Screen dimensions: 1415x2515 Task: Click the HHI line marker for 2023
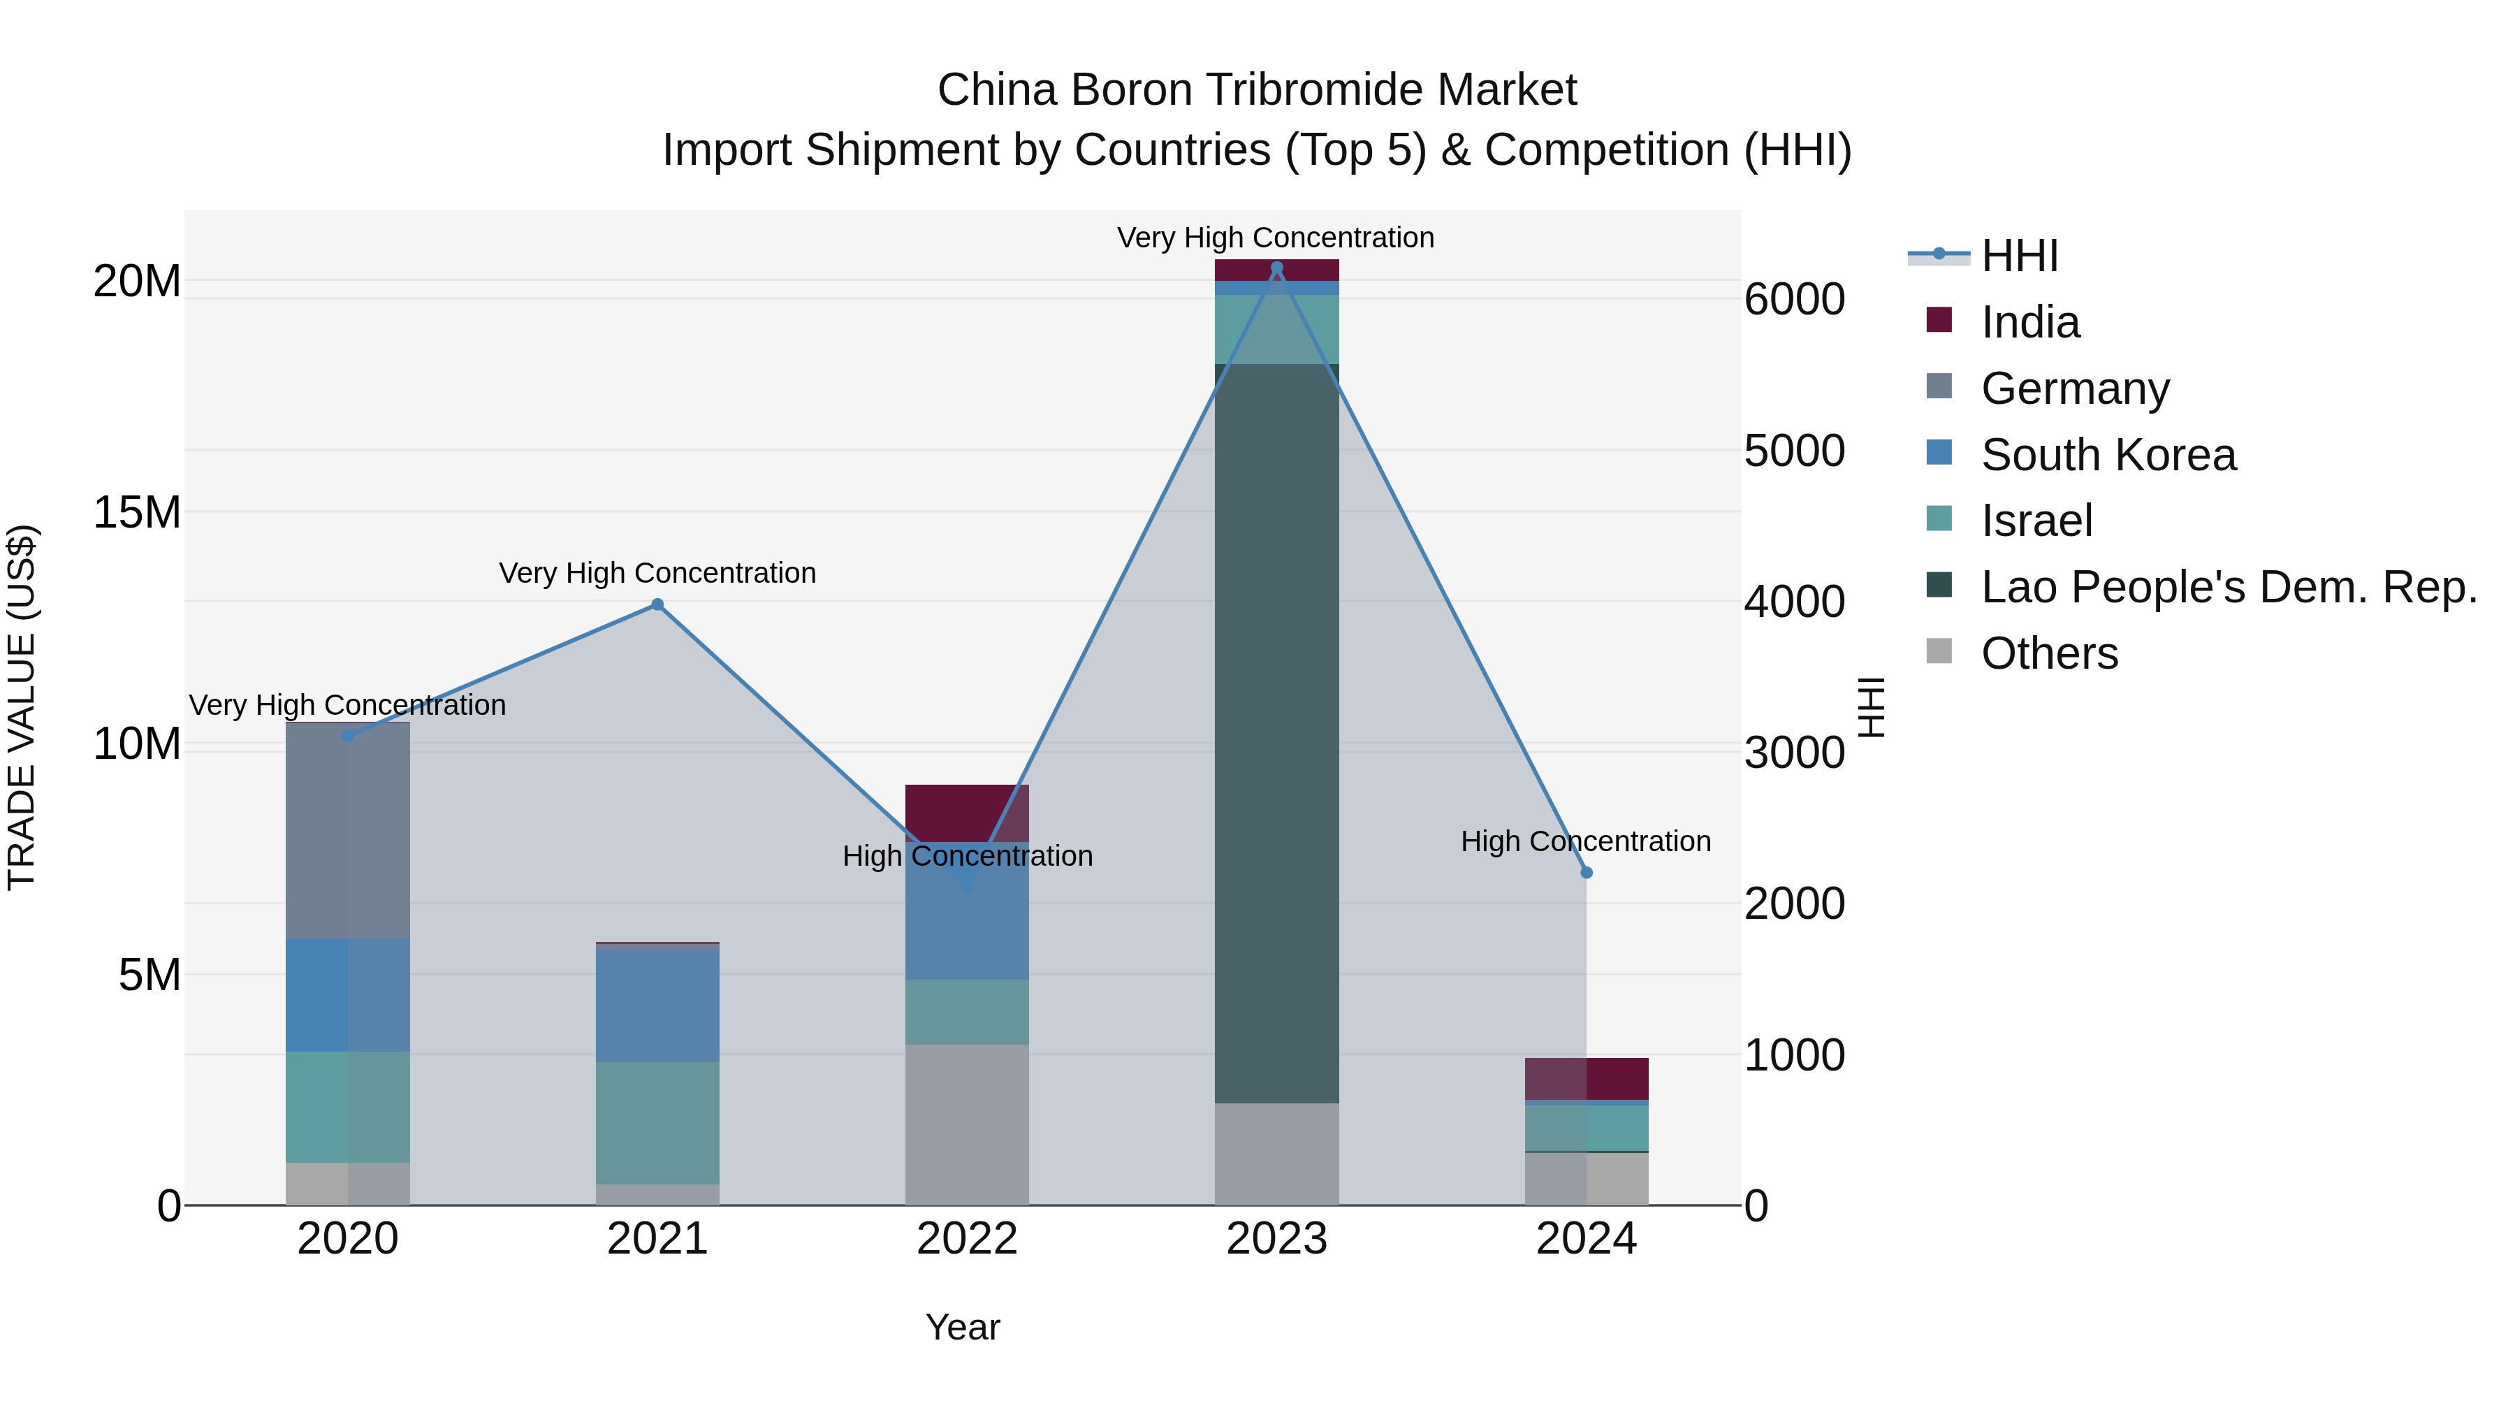[1276, 268]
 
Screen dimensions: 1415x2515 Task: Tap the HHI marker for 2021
[657, 604]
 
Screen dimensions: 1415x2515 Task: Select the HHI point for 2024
[1587, 872]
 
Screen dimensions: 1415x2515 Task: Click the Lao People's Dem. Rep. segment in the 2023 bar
[1276, 732]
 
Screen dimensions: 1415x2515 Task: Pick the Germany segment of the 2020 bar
[348, 830]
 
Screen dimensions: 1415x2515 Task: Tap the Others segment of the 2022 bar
[967, 1123]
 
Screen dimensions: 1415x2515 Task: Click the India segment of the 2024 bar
[1587, 1078]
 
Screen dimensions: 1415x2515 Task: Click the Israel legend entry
[2036, 521]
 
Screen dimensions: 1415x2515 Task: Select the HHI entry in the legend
[2019, 256]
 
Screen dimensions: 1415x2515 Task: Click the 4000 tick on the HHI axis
[1795, 602]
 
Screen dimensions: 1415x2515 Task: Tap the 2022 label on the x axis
[967, 1239]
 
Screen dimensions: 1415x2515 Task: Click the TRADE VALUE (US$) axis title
[22, 707]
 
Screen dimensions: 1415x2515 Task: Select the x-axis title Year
[963, 1327]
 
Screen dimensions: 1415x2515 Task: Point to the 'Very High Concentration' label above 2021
[657, 573]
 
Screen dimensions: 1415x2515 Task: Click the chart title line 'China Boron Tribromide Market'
[1257, 90]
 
